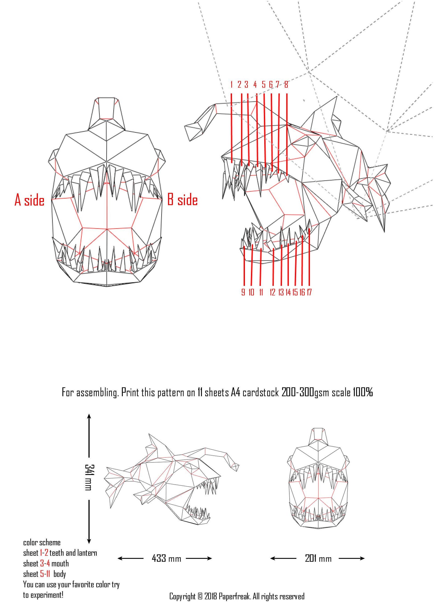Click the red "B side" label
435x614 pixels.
point(182,200)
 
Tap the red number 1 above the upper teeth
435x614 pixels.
point(231,85)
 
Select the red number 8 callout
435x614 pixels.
point(286,85)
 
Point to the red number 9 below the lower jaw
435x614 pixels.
point(243,292)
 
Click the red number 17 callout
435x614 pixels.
point(309,292)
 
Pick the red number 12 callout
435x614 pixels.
point(272,292)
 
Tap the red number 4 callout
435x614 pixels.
point(255,85)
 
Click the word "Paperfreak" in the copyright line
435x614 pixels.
point(234,596)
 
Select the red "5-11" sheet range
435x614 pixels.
point(45,574)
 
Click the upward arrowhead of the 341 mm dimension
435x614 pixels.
point(89,416)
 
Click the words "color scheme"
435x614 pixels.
point(42,542)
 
